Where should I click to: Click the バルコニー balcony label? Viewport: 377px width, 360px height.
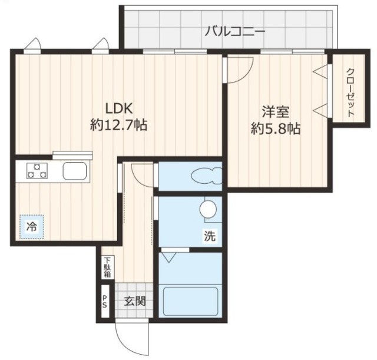[x=234, y=31]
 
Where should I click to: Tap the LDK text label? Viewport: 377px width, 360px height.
[x=120, y=108]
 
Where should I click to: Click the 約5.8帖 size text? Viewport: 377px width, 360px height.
[x=275, y=128]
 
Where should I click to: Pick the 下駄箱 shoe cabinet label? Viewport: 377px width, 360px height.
[x=108, y=268]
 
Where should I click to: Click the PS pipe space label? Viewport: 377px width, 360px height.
[x=105, y=302]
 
